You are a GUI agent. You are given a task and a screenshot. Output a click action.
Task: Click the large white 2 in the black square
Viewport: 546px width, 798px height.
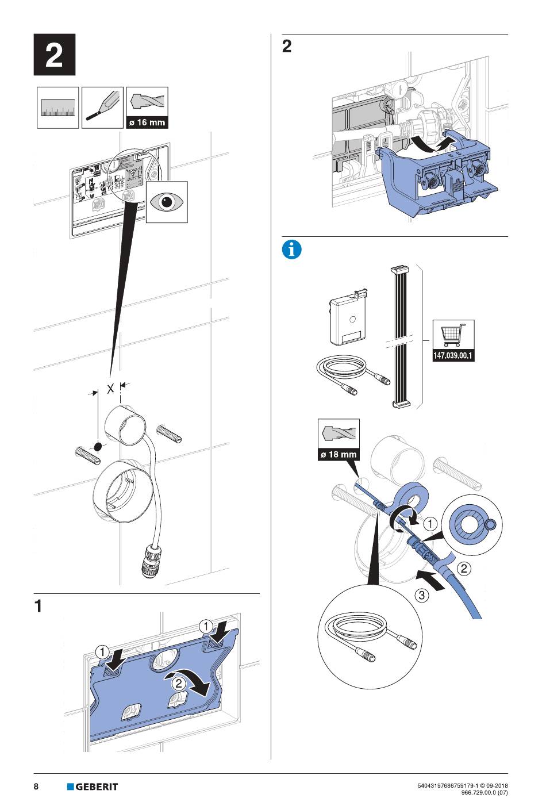click(54, 55)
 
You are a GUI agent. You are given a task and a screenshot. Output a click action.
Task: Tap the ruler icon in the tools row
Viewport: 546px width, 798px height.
click(58, 108)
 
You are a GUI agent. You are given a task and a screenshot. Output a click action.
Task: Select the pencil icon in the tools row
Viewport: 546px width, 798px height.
click(102, 108)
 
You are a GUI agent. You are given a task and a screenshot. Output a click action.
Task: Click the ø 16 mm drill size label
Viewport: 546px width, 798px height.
click(147, 122)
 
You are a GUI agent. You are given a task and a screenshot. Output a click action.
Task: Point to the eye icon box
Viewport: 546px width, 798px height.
click(167, 201)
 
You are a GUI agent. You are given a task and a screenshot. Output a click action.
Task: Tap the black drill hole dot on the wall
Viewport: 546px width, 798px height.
click(98, 446)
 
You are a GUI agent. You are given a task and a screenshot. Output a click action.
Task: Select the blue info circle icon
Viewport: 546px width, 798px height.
click(292, 250)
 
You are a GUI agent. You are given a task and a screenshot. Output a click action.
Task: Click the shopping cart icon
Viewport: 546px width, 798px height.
click(453, 335)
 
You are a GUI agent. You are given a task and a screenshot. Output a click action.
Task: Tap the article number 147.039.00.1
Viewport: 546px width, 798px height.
click(453, 356)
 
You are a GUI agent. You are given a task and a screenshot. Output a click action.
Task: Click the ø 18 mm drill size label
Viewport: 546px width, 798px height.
click(339, 454)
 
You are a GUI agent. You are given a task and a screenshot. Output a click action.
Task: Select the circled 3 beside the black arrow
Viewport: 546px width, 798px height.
click(422, 595)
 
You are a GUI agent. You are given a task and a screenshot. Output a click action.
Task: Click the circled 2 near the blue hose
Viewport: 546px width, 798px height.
click(464, 569)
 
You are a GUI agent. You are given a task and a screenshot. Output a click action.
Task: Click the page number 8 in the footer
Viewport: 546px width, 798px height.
click(36, 787)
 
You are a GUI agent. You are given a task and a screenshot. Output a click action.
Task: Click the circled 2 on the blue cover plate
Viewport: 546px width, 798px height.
click(179, 683)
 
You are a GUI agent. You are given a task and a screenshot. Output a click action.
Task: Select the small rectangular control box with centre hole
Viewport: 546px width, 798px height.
click(349, 320)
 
